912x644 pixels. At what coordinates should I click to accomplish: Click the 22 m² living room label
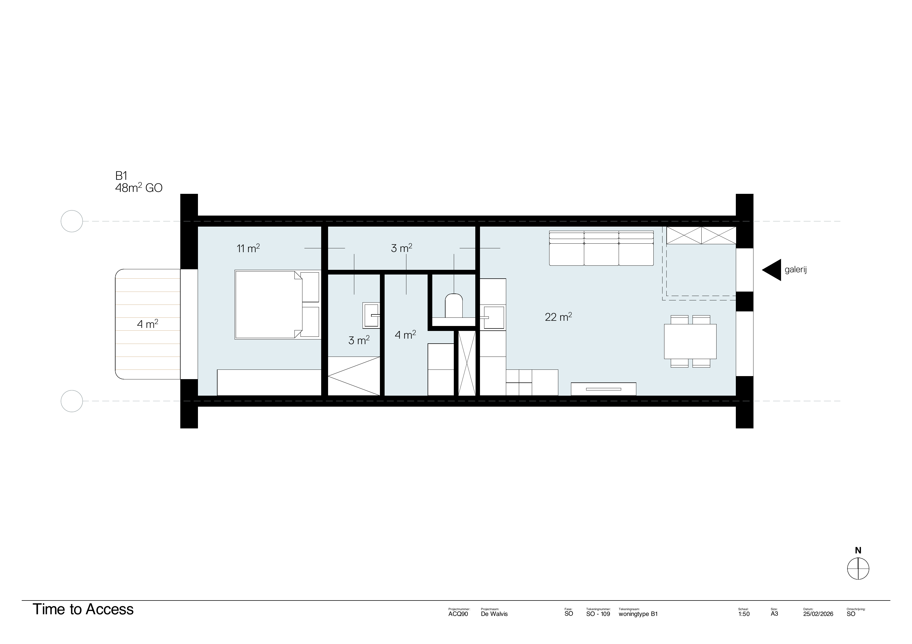tap(558, 317)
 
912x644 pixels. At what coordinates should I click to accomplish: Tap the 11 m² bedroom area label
tap(248, 248)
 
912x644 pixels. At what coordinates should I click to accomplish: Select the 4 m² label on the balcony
tap(147, 324)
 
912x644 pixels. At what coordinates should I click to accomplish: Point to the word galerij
tap(796, 270)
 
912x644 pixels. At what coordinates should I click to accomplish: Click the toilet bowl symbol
tap(454, 306)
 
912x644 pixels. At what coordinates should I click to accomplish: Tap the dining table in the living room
tap(690, 341)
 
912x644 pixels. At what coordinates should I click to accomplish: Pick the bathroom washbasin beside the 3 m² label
tap(371, 315)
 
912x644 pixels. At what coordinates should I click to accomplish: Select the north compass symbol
tap(858, 568)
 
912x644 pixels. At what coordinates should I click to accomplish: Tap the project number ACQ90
tap(458, 614)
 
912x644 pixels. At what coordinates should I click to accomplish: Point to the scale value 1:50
tap(744, 614)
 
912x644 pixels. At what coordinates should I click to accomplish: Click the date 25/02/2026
tap(818, 614)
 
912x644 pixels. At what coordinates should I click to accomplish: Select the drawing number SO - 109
tap(598, 614)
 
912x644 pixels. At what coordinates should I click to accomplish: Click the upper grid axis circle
tap(71, 221)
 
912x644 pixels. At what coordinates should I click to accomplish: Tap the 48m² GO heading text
tap(139, 188)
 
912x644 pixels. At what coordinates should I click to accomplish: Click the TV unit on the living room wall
tap(603, 389)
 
